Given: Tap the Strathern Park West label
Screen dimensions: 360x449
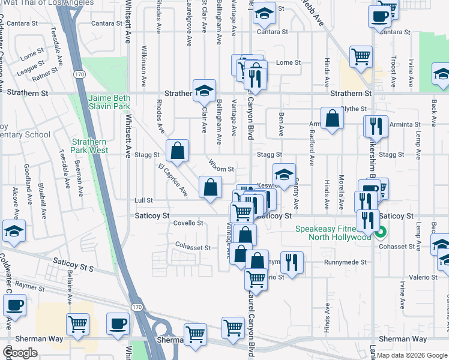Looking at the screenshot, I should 89,146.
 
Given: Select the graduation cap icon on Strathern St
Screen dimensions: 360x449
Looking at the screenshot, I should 204,91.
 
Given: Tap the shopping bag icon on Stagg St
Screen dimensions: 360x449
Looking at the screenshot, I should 177,152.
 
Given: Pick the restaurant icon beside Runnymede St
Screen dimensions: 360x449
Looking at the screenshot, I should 292,263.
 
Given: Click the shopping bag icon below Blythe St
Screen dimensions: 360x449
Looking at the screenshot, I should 332,119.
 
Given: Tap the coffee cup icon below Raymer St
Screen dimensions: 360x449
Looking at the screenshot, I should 14,305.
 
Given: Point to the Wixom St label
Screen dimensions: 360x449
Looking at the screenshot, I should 221,169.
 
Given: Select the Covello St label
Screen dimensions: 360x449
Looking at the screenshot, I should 188,223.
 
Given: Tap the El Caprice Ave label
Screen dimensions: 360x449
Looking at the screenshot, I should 173,180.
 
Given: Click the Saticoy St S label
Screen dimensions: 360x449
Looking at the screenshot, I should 73,262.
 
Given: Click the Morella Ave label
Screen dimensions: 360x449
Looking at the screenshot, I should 341,190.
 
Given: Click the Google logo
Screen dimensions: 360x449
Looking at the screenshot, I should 20,353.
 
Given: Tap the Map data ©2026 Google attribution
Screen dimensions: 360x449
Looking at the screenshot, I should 412,355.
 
